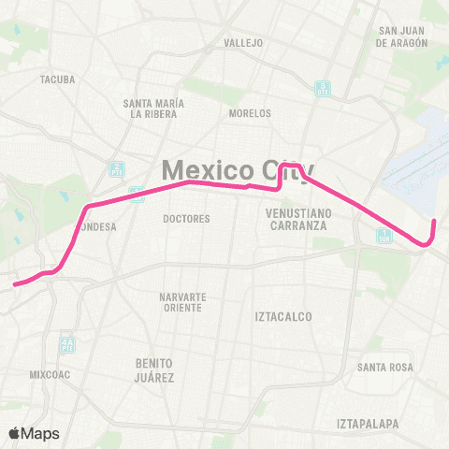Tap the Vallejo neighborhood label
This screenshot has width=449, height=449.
pos(244,43)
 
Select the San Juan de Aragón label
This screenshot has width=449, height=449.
pos(403,36)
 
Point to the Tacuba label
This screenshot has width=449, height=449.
pos(52,80)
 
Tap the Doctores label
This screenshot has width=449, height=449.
pos(186,219)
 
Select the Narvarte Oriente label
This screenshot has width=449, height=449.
pos(182,302)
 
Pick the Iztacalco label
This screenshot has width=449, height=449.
pos(282,317)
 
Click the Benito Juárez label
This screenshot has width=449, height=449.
pos(154,369)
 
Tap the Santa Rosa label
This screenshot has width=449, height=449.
pos(385,367)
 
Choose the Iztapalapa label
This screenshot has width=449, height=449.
pos(368,424)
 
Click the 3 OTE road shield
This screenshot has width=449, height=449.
pos(322,89)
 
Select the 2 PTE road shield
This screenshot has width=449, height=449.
pos(117,169)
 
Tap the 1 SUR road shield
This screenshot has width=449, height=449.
pos(384,237)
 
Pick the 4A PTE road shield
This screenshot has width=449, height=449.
pos(66,344)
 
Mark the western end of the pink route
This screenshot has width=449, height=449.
pos(14,283)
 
